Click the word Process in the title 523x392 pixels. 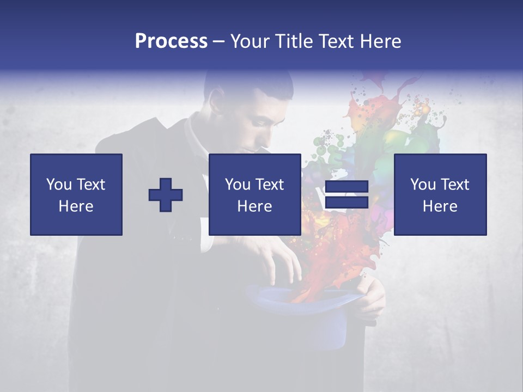point(171,41)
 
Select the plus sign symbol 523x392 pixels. point(166,195)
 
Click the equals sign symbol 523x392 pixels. point(346,195)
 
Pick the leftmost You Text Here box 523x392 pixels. point(76,195)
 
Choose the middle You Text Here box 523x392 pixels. point(254,195)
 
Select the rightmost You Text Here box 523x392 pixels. point(440,195)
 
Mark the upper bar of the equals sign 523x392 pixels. point(346,187)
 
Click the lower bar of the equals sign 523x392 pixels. point(346,203)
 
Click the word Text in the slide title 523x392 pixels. point(336,41)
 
